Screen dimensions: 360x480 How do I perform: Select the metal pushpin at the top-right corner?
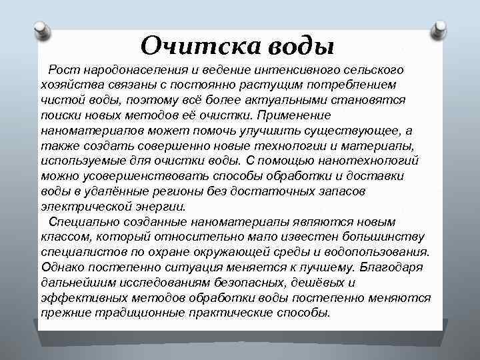(x=439, y=27)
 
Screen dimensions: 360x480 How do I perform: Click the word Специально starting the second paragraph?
(x=81, y=221)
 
